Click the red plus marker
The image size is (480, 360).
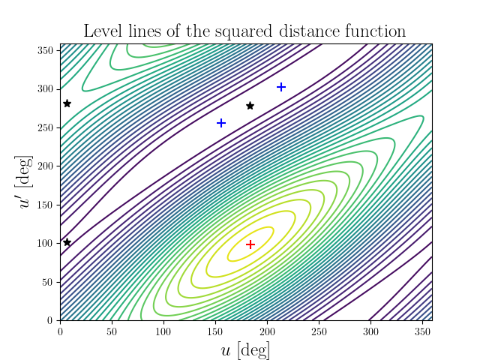(250, 244)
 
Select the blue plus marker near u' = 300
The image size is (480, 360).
(281, 88)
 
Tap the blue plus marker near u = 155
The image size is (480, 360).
(221, 123)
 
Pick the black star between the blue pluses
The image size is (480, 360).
(250, 106)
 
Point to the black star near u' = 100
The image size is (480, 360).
(67, 242)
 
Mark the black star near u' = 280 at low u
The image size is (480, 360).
(67, 103)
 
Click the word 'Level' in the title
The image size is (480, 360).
(103, 31)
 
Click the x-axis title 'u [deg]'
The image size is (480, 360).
(246, 349)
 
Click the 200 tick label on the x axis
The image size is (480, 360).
(267, 331)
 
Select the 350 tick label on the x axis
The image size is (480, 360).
(422, 331)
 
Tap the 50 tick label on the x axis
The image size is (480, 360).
(112, 331)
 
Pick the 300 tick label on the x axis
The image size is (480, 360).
(370, 331)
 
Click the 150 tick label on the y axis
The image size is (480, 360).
(45, 205)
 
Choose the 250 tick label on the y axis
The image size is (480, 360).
(45, 127)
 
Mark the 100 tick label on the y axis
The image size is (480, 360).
(45, 243)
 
